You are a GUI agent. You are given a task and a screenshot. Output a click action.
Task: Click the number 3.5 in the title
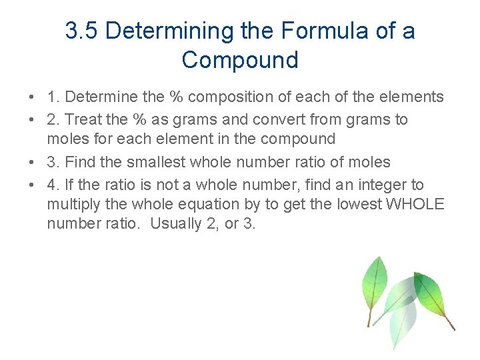[82, 31]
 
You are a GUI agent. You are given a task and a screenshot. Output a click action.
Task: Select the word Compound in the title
[240, 60]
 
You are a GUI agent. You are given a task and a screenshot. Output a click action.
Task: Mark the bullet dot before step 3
[32, 163]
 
